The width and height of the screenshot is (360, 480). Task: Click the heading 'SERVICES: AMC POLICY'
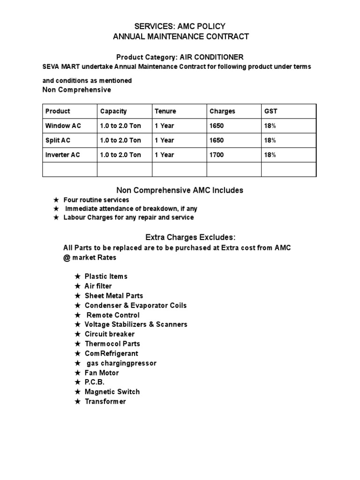coord(180,26)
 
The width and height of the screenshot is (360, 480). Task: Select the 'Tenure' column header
coord(165,111)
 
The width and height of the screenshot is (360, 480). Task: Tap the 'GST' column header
coord(271,111)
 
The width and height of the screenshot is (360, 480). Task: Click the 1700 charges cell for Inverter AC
coord(217,155)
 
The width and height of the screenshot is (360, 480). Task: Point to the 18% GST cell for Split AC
coord(270,140)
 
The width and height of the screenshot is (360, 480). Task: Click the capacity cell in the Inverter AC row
coord(120,155)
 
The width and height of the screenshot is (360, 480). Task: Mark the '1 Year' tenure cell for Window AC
coord(164,126)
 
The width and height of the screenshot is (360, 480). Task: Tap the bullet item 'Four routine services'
coord(96,200)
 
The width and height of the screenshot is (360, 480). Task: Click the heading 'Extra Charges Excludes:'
coord(180,237)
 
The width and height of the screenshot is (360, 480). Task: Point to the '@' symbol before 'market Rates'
coord(66,257)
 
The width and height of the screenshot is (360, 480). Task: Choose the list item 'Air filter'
coord(98,286)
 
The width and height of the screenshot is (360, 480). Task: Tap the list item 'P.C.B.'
coord(95,382)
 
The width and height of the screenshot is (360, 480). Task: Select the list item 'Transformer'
coord(105,401)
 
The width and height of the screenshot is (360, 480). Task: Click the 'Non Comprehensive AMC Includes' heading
coord(180,190)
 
